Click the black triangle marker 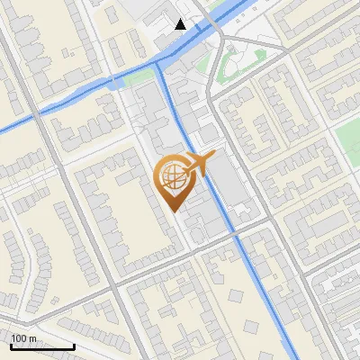[x=181, y=24]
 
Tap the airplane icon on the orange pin [x=200, y=163]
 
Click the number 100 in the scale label [x=20, y=339]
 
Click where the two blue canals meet [x=159, y=65]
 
